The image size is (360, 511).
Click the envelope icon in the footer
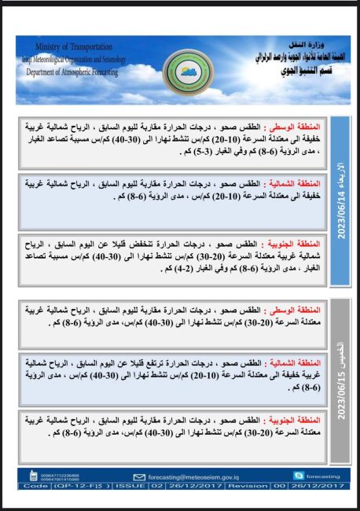pos(139,476)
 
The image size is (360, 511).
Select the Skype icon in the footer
pos(298,476)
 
